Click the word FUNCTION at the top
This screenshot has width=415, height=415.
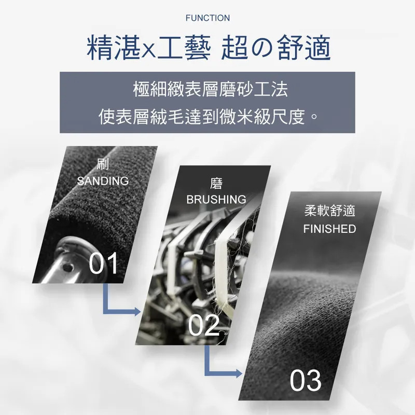click(208, 18)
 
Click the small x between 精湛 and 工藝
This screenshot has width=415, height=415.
click(149, 50)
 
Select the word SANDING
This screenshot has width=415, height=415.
click(103, 181)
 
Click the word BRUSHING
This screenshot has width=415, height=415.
click(216, 200)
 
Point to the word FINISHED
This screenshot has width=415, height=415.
click(329, 229)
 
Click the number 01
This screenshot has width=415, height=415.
click(103, 264)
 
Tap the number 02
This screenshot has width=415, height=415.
click(204, 325)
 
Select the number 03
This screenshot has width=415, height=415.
click(306, 380)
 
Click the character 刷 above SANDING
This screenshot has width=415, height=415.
click(103, 164)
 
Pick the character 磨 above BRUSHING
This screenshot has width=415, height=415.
click(216, 184)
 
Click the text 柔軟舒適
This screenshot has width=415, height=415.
click(329, 211)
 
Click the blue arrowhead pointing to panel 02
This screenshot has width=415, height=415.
click(137, 312)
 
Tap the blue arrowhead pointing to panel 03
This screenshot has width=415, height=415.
click(239, 374)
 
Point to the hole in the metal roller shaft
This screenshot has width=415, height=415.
click(68, 269)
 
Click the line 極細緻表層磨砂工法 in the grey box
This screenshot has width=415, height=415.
click(211, 89)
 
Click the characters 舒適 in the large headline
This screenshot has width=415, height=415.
click(305, 48)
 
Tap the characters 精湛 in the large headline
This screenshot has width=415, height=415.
click(114, 48)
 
